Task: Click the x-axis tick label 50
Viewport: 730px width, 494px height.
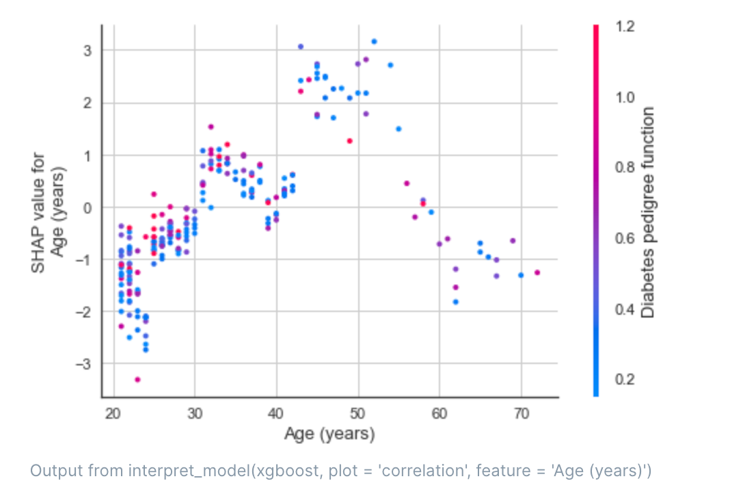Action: [x=357, y=413]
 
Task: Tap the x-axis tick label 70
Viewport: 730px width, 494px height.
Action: [x=521, y=413]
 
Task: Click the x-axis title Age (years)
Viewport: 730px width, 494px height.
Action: [x=329, y=434]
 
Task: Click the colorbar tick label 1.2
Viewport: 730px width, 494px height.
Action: [x=625, y=27]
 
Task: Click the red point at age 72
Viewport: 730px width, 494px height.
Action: [x=537, y=272]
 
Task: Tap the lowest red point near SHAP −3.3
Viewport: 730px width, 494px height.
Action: [x=137, y=379]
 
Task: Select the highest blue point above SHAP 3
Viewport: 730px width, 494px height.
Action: [x=374, y=42]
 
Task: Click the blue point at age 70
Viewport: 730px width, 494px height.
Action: [x=521, y=275]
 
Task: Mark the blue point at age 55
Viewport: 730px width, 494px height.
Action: [x=398, y=129]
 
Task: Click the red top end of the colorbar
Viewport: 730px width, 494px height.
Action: [x=596, y=29]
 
